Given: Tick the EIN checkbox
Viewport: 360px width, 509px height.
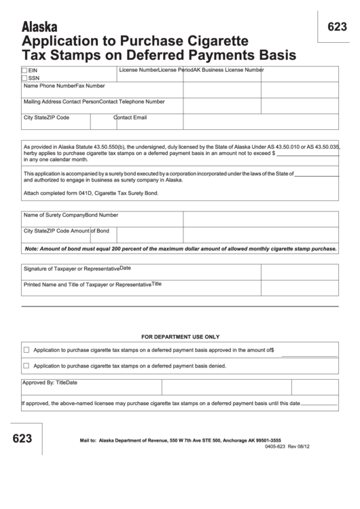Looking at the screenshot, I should [25, 71].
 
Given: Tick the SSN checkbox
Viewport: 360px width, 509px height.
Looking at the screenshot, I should [25, 78].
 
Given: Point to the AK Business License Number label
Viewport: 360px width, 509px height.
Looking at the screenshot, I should [229, 70].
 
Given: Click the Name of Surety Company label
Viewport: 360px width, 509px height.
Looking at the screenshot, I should [54, 215].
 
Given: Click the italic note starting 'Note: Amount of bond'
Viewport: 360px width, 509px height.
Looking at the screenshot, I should [181, 249].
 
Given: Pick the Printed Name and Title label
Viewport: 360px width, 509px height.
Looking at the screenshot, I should [87, 285].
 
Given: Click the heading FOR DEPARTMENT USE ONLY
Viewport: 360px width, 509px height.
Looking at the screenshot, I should [181, 336].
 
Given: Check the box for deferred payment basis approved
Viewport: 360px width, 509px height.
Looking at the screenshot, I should [26, 351].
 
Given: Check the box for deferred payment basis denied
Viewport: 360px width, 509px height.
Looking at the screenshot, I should [26, 366].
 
